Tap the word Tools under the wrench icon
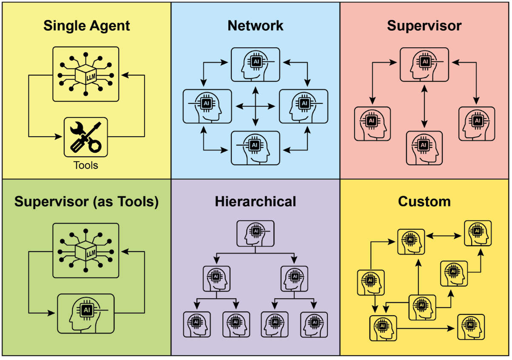tap(85, 165)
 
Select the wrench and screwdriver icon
tap(85, 137)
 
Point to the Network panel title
tap(256, 26)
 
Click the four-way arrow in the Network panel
tap(256, 106)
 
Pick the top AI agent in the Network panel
tap(256, 65)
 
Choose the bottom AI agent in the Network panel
tap(256, 148)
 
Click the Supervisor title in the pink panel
tap(424, 26)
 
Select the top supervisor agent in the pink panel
tap(424, 65)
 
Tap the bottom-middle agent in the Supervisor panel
tap(424, 148)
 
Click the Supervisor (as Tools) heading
tap(86, 202)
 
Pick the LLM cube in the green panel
tap(85, 250)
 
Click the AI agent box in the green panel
tap(85, 313)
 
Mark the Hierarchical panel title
tap(256, 201)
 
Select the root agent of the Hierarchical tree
tap(255, 234)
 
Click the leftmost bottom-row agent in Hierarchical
tap(197, 324)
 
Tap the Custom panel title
tap(424, 201)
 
